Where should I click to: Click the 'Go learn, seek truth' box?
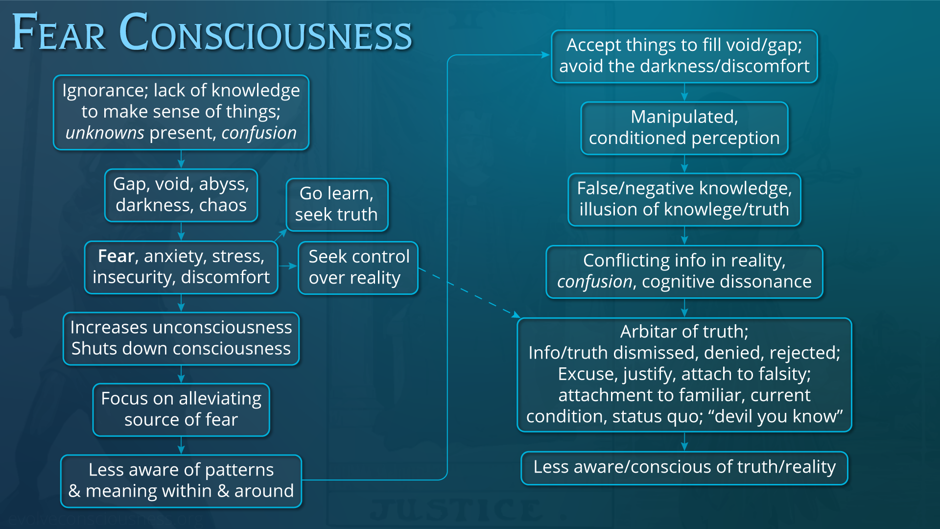337,204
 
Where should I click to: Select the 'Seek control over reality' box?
358,267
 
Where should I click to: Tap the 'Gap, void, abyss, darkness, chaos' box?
181,195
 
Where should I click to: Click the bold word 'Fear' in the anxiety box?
116,256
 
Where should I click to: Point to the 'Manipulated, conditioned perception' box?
684,128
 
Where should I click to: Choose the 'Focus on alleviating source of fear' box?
181,409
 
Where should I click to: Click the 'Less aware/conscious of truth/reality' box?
684,467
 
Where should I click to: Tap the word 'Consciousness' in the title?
265,33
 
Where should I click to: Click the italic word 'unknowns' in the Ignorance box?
105,133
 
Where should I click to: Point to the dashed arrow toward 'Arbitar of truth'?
470,294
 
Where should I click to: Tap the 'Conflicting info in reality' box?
684,271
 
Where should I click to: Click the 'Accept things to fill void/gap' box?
684,56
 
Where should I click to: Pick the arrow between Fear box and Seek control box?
288,266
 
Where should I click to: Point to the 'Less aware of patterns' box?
181,481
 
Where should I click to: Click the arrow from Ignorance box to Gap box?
181,159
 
